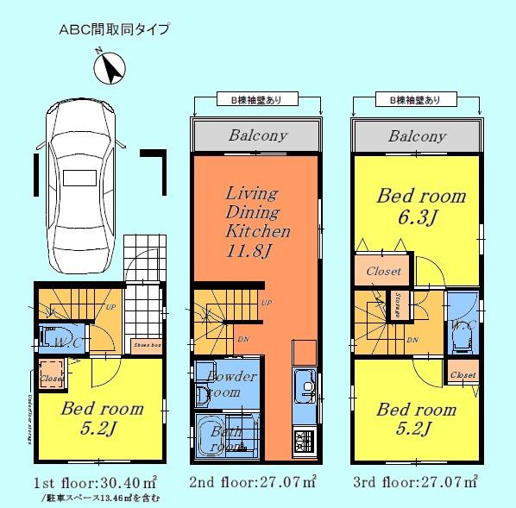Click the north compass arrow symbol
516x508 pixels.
pos(111,66)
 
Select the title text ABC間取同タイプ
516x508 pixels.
pos(114,28)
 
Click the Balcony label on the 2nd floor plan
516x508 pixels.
pos(258,136)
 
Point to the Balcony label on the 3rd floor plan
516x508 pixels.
pos(417,136)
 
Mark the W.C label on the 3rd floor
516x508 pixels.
pos(459,325)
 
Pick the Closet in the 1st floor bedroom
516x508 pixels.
pos(50,377)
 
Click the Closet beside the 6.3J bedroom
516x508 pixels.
pos(383,271)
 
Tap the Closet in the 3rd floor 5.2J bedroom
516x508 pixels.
pos(463,374)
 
